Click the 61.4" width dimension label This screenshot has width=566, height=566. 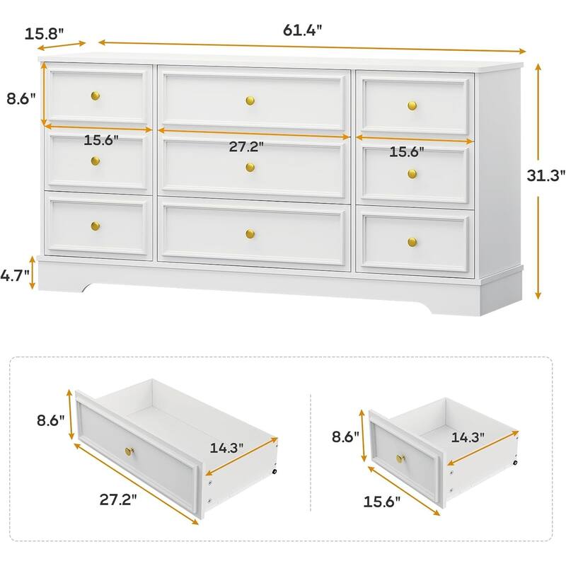tap(302, 30)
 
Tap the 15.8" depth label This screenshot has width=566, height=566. tap(44, 34)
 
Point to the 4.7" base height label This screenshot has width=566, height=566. tap(14, 276)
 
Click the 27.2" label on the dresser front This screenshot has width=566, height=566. tap(246, 146)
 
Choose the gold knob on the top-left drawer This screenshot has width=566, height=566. tap(96, 96)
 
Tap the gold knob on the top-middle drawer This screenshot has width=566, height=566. tap(250, 100)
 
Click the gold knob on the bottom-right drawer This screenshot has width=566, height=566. tap(412, 242)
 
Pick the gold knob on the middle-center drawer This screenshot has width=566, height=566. tap(250, 167)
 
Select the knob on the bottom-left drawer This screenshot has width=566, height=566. tap(96, 226)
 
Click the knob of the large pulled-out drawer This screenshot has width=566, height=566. tap(129, 451)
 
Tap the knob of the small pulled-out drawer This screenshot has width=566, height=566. tap(400, 458)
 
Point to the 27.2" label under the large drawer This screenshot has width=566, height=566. tap(118, 500)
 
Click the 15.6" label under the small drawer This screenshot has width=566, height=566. tap(382, 502)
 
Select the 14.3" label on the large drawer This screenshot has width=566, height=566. tap(226, 448)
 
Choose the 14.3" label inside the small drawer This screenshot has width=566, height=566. tap(468, 437)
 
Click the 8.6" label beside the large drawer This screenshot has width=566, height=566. tap(50, 420)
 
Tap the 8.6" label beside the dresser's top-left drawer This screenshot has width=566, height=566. tap(21, 98)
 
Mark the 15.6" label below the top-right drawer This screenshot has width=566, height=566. tap(406, 152)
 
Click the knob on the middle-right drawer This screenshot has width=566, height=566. tap(412, 174)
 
